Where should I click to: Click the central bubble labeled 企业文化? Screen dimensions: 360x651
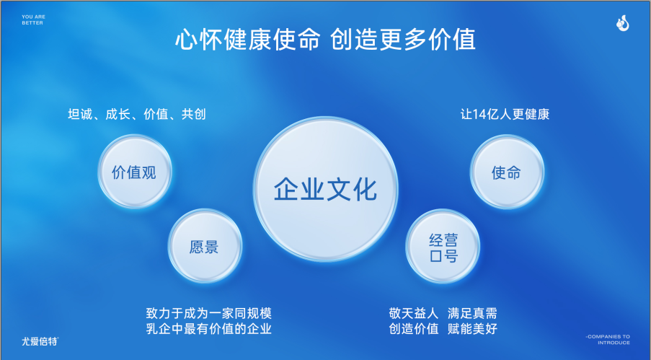point(325,189)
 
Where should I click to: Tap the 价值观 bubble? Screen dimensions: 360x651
point(134,172)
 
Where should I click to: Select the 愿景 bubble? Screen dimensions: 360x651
point(204,247)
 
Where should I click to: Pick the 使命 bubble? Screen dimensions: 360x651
point(506,172)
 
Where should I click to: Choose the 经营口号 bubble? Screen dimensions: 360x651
point(443,247)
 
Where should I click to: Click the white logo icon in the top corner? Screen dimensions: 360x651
point(623,25)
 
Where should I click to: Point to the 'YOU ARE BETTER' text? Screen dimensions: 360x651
point(32,20)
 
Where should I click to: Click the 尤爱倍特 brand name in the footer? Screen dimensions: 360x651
point(40,340)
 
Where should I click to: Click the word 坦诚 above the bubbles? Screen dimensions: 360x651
point(81,115)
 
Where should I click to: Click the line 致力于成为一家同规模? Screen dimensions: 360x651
point(209,313)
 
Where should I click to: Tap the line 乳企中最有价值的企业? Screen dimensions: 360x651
point(209,329)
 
